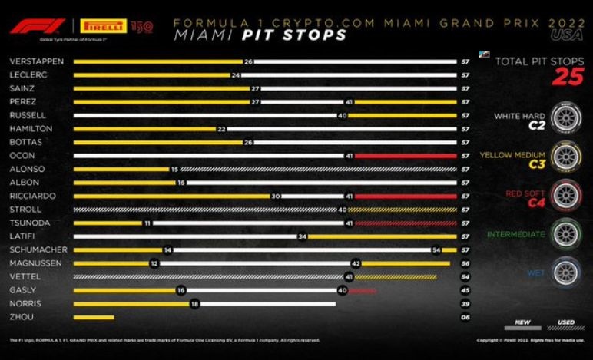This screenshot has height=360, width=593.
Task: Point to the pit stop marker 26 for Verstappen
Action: tap(248, 61)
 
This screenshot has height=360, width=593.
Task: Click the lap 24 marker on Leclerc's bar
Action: tap(236, 75)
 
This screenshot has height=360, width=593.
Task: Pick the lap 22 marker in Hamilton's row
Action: tap(221, 129)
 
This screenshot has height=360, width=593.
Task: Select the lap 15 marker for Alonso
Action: tap(174, 169)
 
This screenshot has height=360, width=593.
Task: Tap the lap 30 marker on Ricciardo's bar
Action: tap(275, 196)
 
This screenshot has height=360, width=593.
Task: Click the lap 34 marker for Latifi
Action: tap(303, 236)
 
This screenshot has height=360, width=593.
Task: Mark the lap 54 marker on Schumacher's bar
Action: tap(436, 249)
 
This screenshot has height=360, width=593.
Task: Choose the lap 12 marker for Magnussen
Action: tap(154, 263)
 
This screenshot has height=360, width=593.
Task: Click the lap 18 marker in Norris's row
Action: tap(194, 303)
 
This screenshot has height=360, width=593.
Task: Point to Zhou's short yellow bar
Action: tap(94, 317)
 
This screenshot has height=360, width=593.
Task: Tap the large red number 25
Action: tap(568, 77)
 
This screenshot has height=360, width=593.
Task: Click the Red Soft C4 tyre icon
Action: tap(568, 196)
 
